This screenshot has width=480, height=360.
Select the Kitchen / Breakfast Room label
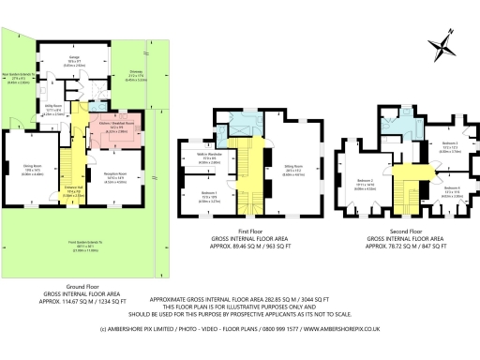(x=117, y=123)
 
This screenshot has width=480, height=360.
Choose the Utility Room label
(x=55, y=111)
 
